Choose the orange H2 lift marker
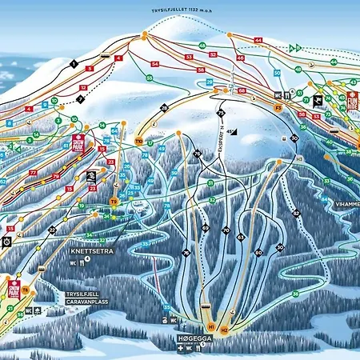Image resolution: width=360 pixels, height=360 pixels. pyautogui.click(x=225, y=329)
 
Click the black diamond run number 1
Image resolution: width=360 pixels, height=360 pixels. pyautogui.click(x=73, y=62)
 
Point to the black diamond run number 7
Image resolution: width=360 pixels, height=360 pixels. pyautogui.click(x=81, y=99)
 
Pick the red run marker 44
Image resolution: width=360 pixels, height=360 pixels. pyautogui.click(x=258, y=40)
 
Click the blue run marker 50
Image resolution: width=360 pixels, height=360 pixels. pyautogui.click(x=277, y=73)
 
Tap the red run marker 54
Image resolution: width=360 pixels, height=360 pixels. pyautogui.click(x=154, y=64)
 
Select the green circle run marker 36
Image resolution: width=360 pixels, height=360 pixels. pyautogui.click(x=295, y=294)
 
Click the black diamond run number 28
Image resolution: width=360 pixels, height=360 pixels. pyautogui.click(x=165, y=107)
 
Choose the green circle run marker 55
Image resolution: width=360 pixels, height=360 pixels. pyautogui.click(x=150, y=78)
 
